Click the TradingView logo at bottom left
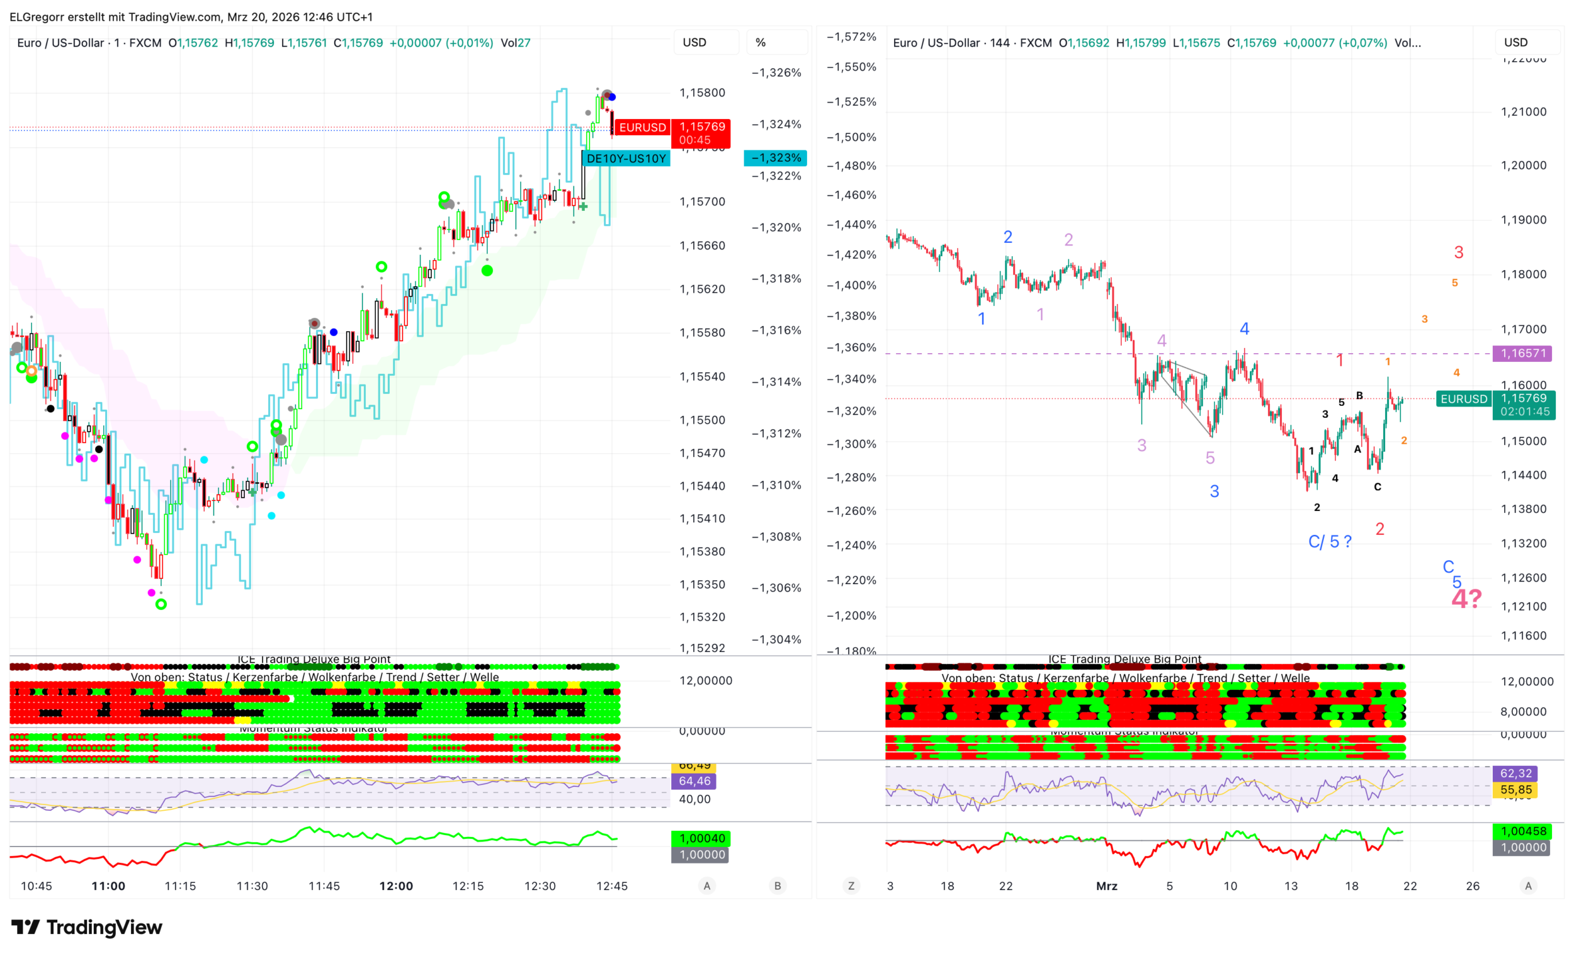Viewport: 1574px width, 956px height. click(87, 927)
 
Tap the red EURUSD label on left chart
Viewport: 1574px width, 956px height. click(642, 128)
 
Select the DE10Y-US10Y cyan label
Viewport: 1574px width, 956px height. click(626, 159)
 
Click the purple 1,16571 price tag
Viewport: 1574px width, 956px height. click(1523, 353)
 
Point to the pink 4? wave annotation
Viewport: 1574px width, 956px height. click(1466, 599)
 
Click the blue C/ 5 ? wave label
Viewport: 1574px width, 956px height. click(1330, 541)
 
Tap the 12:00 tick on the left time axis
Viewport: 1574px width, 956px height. click(396, 886)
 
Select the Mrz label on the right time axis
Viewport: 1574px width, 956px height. click(1106, 886)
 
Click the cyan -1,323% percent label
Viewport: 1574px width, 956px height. click(776, 158)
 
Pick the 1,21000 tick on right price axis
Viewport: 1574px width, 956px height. click(1524, 112)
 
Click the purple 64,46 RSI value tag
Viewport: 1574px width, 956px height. click(694, 781)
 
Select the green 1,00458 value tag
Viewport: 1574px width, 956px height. click(1524, 831)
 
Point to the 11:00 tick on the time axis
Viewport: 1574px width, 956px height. click(108, 886)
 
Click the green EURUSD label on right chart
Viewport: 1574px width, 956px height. click(1464, 399)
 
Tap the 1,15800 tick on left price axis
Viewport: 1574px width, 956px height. click(702, 93)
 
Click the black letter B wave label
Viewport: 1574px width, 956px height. click(1359, 396)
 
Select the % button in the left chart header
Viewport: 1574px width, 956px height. click(760, 43)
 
